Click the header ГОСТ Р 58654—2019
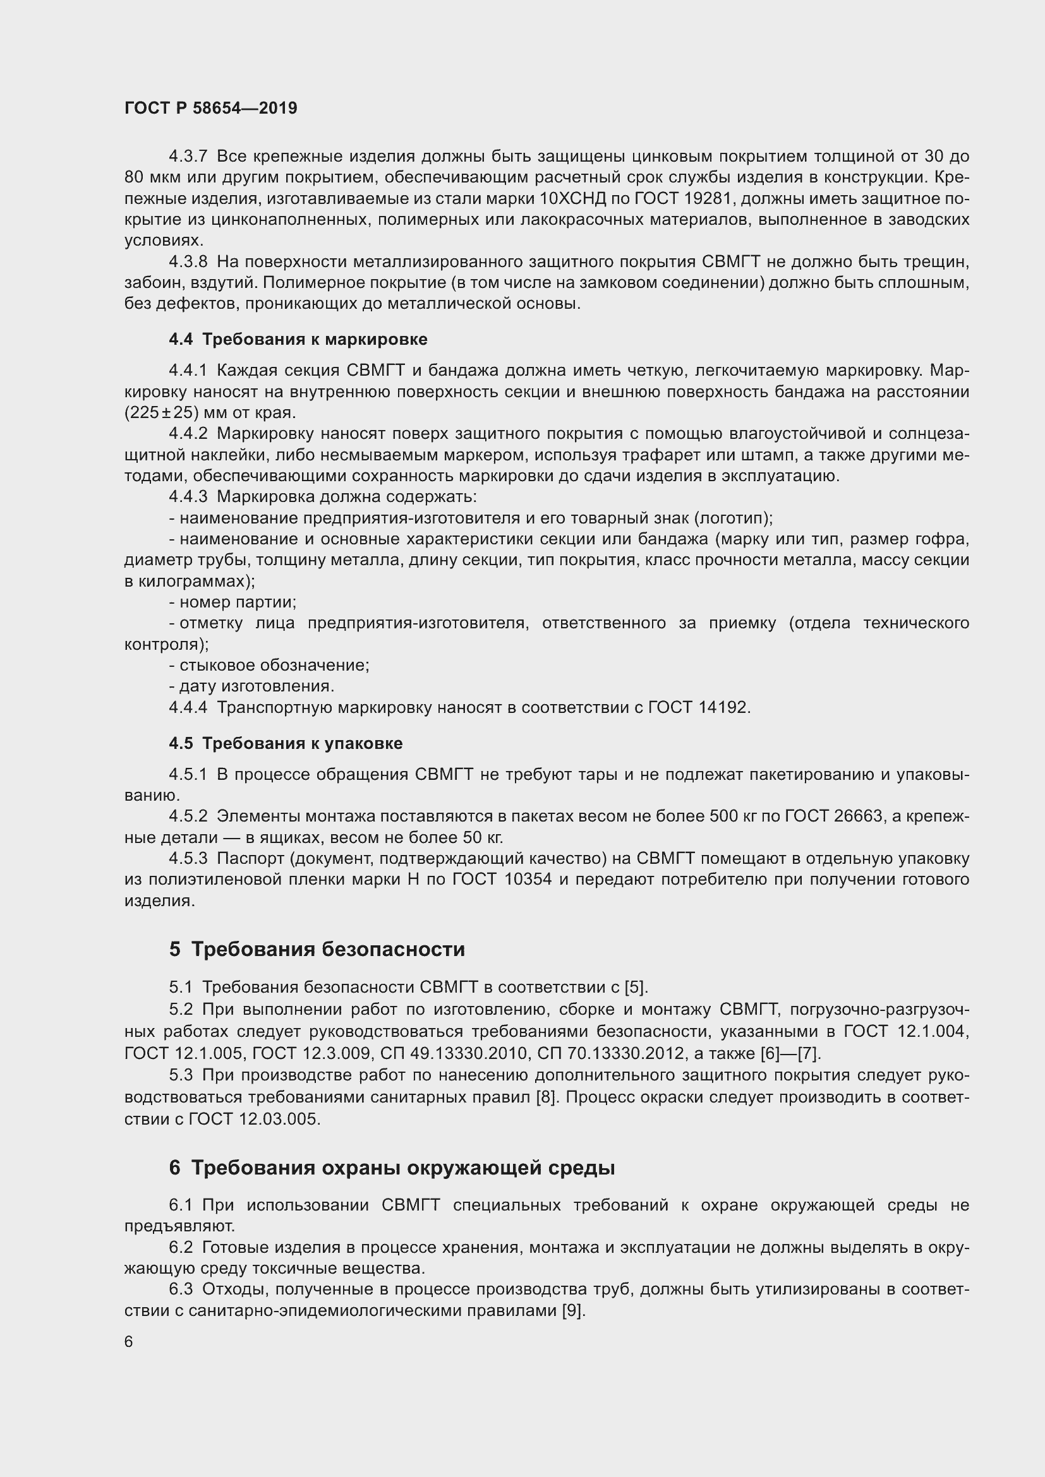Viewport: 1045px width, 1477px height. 210,108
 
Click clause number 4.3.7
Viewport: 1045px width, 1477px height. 188,157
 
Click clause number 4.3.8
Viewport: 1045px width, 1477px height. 188,262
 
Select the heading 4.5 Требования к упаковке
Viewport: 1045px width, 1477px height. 286,743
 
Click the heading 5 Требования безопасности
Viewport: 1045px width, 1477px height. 317,949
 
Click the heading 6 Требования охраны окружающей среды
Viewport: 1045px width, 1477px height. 392,1168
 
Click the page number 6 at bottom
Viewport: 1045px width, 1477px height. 129,1341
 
